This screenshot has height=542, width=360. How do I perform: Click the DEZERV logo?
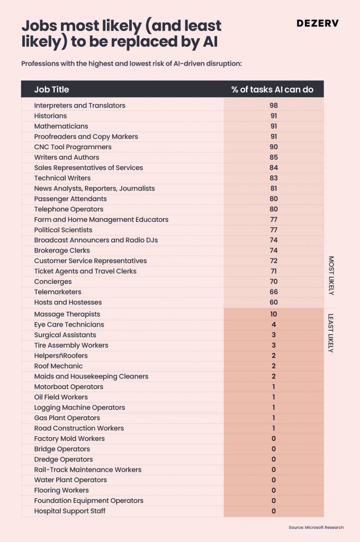pos(318,23)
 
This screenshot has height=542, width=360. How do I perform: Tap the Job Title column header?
pos(51,89)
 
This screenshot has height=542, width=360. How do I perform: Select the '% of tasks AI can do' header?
pos(273,89)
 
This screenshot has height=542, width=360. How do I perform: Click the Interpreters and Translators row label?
pos(79,105)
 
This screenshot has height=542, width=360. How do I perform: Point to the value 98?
pos(274,105)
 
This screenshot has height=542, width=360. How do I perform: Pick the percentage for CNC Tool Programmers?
pos(274,147)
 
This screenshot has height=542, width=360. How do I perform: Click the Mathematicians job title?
pos(61,126)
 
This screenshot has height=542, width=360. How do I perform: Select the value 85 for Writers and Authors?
pos(274,157)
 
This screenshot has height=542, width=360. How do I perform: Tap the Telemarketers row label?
pos(58,292)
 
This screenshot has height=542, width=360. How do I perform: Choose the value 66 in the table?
pos(274,292)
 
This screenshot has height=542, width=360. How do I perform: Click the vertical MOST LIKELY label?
pos(331,275)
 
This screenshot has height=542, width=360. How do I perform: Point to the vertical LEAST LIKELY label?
pos(331,333)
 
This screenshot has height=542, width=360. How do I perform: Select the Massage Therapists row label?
pos(67,314)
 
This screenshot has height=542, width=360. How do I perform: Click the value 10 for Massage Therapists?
pos(274,314)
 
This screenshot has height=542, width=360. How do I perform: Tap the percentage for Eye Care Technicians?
pos(274,324)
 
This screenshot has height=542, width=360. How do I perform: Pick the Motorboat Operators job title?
pos(68,387)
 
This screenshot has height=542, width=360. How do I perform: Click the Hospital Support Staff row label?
pos(69,511)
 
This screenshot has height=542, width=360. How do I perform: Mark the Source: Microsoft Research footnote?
pos(316,528)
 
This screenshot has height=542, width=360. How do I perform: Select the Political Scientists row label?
pos(64,230)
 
